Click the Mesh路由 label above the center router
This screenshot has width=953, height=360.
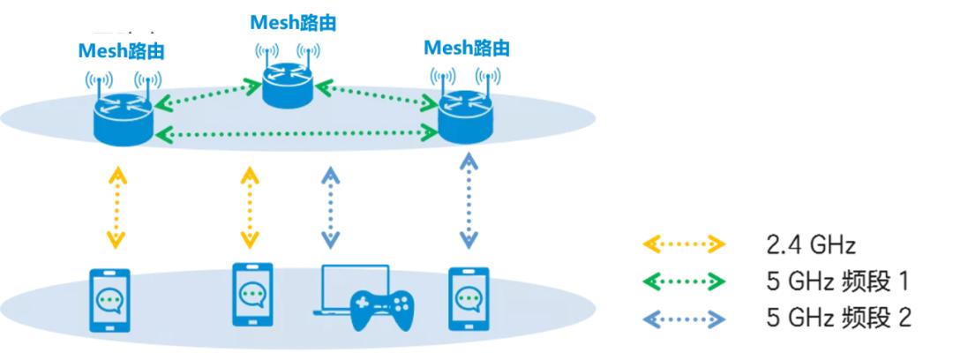click(287, 20)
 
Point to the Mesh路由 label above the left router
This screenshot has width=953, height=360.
click(121, 50)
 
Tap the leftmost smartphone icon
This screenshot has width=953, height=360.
click(110, 300)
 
